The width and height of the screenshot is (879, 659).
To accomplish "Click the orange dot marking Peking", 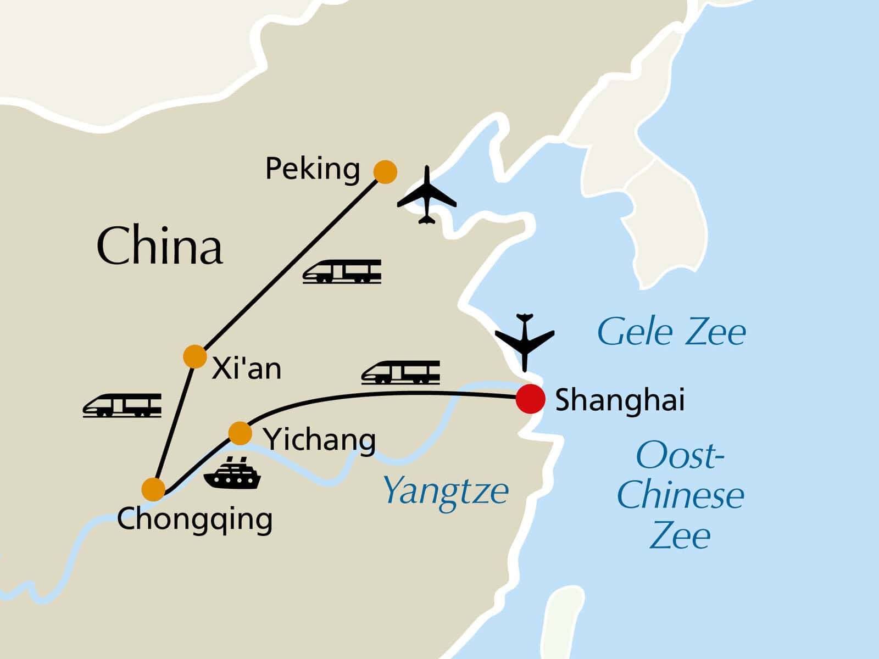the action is (x=385, y=172).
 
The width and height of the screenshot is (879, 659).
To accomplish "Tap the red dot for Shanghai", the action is (x=530, y=399).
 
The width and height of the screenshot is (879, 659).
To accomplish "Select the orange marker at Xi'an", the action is (x=195, y=356).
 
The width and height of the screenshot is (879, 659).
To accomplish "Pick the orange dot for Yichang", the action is (x=240, y=433).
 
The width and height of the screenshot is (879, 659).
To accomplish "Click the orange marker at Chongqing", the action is (x=153, y=489).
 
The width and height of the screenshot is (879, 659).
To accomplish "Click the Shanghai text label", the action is (x=620, y=400).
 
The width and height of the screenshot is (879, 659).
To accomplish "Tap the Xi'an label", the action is (x=246, y=368).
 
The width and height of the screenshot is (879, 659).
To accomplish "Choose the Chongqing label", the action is (x=194, y=520).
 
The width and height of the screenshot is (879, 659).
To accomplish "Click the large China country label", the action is (x=159, y=245).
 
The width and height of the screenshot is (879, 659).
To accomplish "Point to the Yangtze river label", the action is (x=446, y=493).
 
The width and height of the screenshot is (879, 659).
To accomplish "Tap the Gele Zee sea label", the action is (x=671, y=331).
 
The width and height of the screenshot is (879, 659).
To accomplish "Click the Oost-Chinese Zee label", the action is (x=680, y=495).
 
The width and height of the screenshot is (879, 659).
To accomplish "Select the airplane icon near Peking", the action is (x=427, y=195).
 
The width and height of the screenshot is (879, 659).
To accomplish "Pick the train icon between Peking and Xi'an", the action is (x=342, y=272).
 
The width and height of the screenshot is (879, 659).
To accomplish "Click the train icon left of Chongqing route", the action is (x=122, y=405).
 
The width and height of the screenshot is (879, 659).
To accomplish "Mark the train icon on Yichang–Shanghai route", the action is (x=400, y=372).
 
